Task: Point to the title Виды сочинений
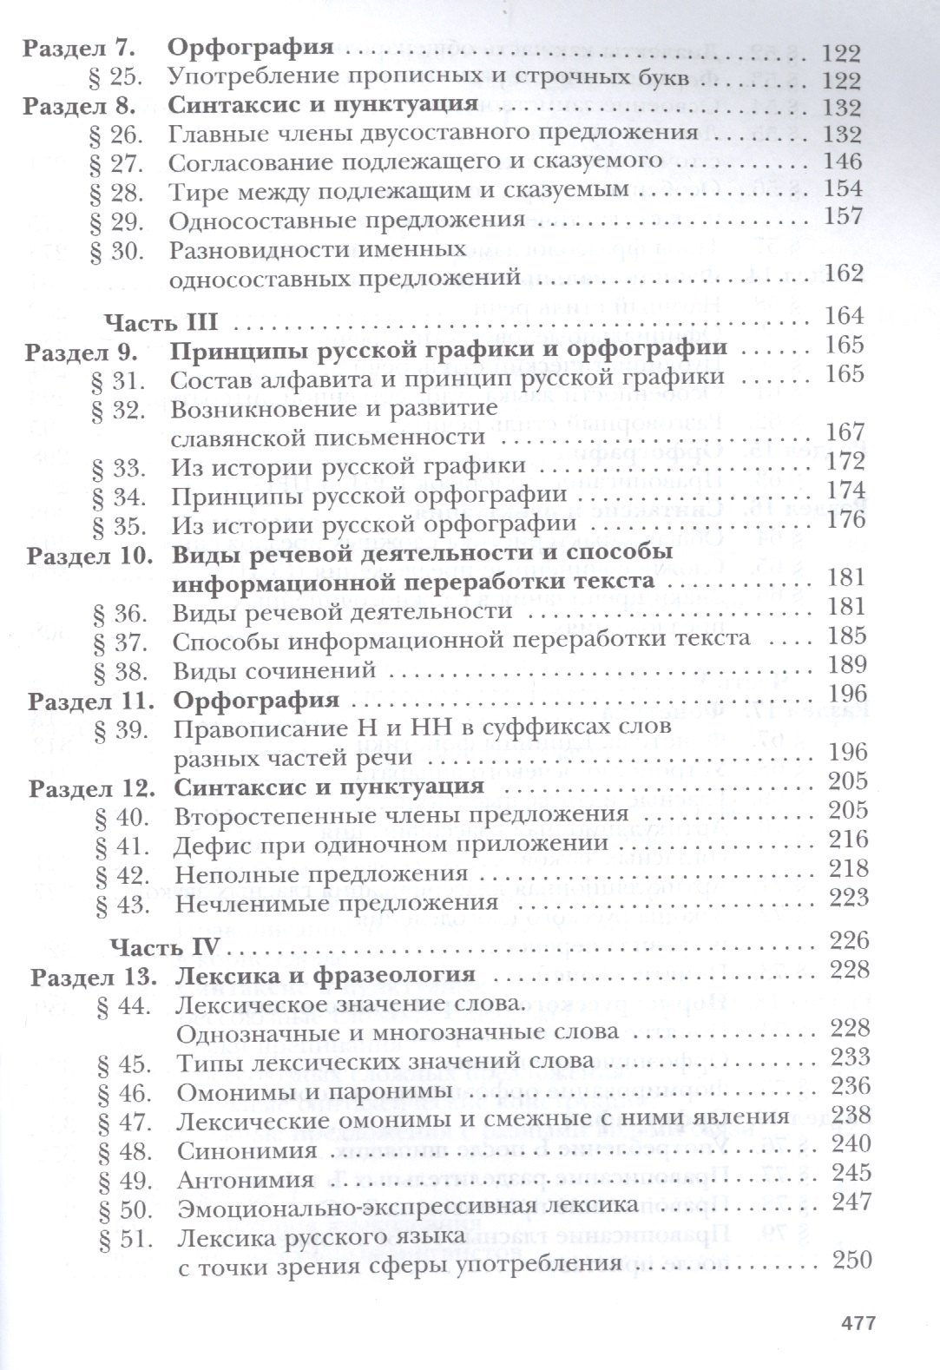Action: coord(273,669)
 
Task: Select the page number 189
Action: coord(847,665)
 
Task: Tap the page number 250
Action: coord(850,1261)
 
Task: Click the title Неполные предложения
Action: coord(321,873)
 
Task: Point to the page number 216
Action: coord(848,840)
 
